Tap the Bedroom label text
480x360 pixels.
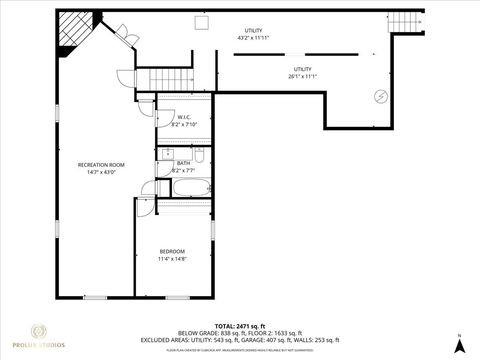(x=172, y=250)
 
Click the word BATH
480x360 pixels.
(x=183, y=163)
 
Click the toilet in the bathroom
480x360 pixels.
(x=200, y=157)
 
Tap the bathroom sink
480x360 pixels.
(x=162, y=160)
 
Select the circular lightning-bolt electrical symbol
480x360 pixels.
(x=380, y=96)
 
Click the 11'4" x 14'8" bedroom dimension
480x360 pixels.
(x=172, y=258)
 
